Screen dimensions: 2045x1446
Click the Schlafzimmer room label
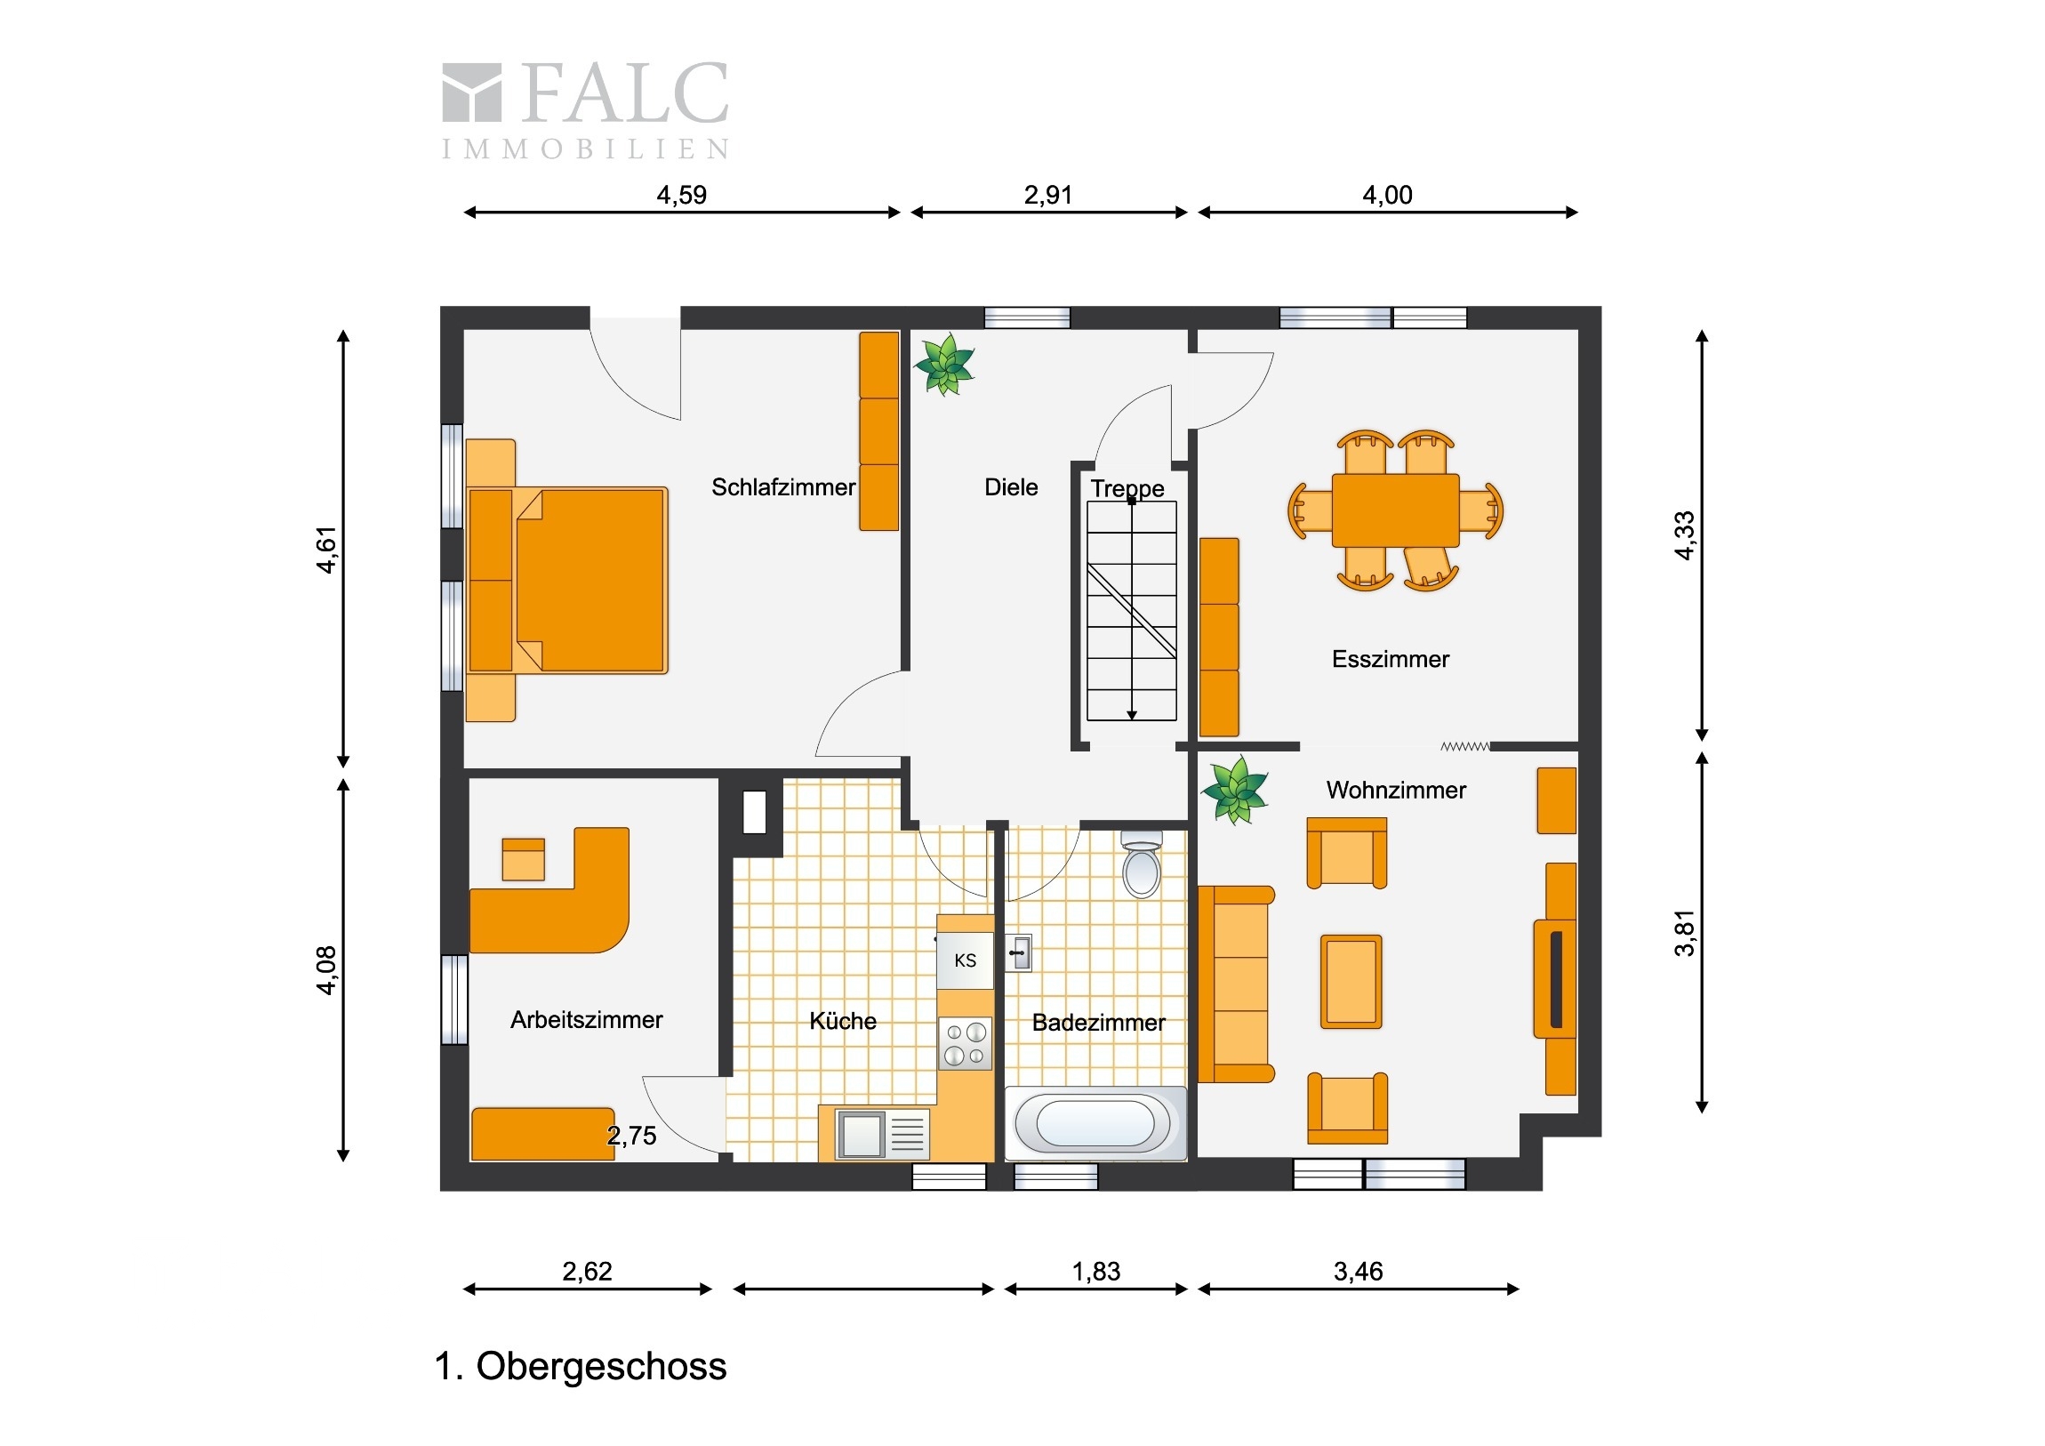click(x=783, y=487)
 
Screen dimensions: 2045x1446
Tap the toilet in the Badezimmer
click(x=1142, y=864)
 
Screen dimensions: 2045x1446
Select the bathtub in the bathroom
click(x=1096, y=1122)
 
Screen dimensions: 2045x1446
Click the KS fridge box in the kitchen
click(x=966, y=960)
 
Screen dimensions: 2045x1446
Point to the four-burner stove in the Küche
click(x=966, y=1043)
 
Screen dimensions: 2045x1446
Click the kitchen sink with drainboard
click(x=883, y=1134)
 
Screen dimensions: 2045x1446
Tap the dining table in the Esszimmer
click(x=1396, y=510)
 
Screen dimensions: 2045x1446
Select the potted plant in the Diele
click(x=944, y=364)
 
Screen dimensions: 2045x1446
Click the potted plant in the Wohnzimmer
click(x=1234, y=791)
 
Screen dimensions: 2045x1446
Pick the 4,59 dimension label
click(x=681, y=195)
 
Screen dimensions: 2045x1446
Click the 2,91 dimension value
click(x=1048, y=195)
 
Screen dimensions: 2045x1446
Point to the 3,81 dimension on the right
click(x=1684, y=933)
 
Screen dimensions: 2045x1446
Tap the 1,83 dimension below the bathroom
click(x=1096, y=1272)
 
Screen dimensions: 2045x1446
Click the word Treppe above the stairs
click(x=1127, y=488)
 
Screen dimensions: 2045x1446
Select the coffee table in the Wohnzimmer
click(x=1351, y=982)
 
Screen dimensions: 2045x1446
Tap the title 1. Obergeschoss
click(x=581, y=1366)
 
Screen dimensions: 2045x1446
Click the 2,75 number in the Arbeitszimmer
click(x=631, y=1136)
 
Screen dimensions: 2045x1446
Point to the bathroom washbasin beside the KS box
click(x=1019, y=952)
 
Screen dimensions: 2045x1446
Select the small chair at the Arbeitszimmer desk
click(x=523, y=859)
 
